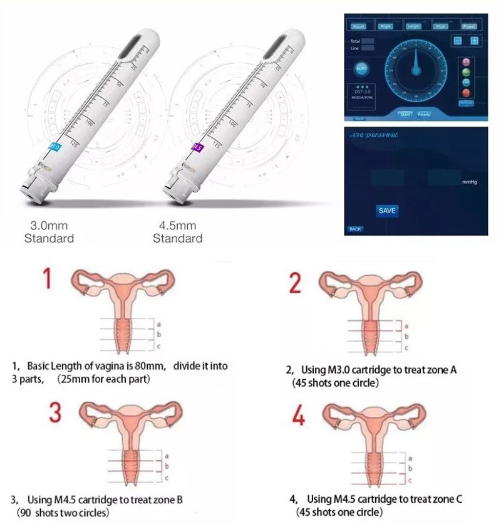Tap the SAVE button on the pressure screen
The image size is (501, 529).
pyautogui.click(x=387, y=211)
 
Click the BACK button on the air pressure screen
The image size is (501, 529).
pyautogui.click(x=355, y=229)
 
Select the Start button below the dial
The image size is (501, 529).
pyautogui.click(x=406, y=114)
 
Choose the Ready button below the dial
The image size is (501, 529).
pyautogui.click(x=425, y=114)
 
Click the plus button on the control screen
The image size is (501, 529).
pyautogui.click(x=474, y=40)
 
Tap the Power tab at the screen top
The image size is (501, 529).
pyautogui.click(x=469, y=26)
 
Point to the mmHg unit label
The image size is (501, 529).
pyautogui.click(x=470, y=182)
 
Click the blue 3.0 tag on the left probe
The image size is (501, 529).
pyautogui.click(x=54, y=147)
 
